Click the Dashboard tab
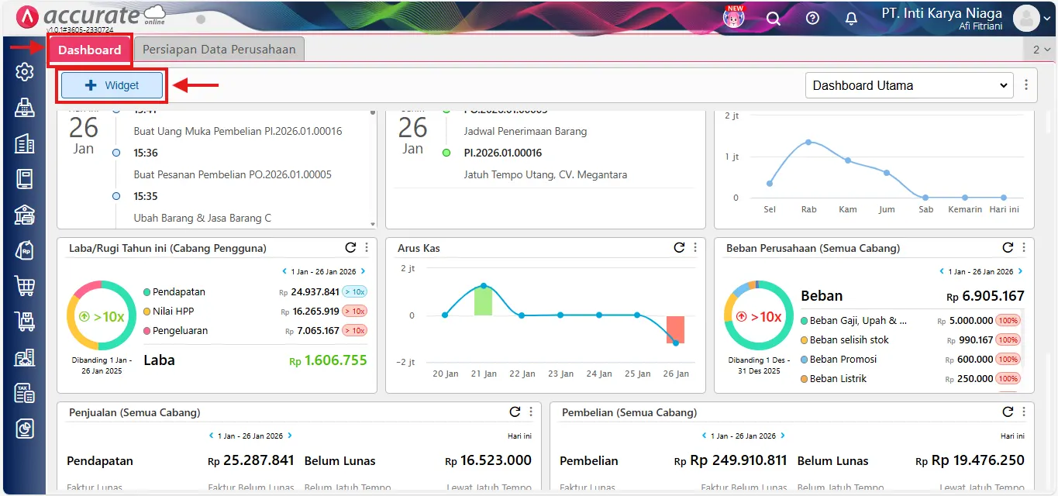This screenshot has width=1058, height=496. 90,50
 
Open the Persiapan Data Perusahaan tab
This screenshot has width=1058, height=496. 219,50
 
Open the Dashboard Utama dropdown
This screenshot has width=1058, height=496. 909,85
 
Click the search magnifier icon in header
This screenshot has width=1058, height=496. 774,18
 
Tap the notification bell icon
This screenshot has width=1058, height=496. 851,18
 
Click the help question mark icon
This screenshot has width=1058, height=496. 812,18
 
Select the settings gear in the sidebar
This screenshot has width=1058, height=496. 25,72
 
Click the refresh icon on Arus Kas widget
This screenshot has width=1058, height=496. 679,247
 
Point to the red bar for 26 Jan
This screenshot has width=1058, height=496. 675,329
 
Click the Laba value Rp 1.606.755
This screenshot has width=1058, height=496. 328,360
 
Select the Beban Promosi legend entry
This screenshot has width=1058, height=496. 843,360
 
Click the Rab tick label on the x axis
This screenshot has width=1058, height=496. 808,209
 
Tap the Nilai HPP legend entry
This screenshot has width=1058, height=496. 173,312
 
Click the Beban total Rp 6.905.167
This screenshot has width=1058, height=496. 985,296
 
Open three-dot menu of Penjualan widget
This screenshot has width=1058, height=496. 531,412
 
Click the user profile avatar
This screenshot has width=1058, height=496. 1026,18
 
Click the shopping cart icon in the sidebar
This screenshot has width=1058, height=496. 25,286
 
